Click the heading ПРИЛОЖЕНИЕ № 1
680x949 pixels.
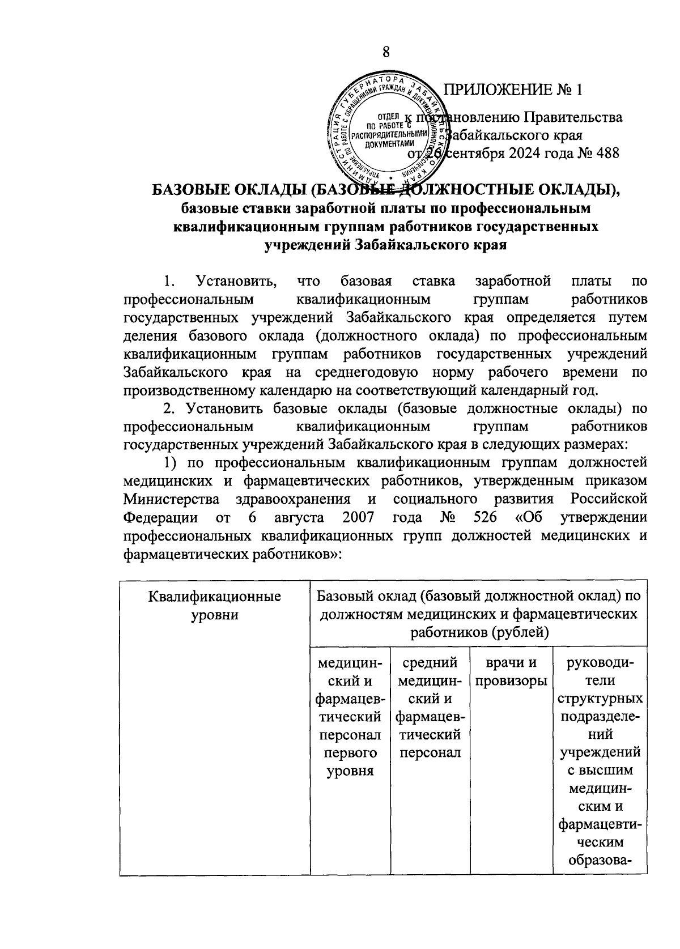pyautogui.click(x=513, y=90)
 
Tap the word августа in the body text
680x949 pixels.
pyautogui.click(x=299, y=517)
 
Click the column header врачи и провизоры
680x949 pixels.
pyautogui.click(x=511, y=671)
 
